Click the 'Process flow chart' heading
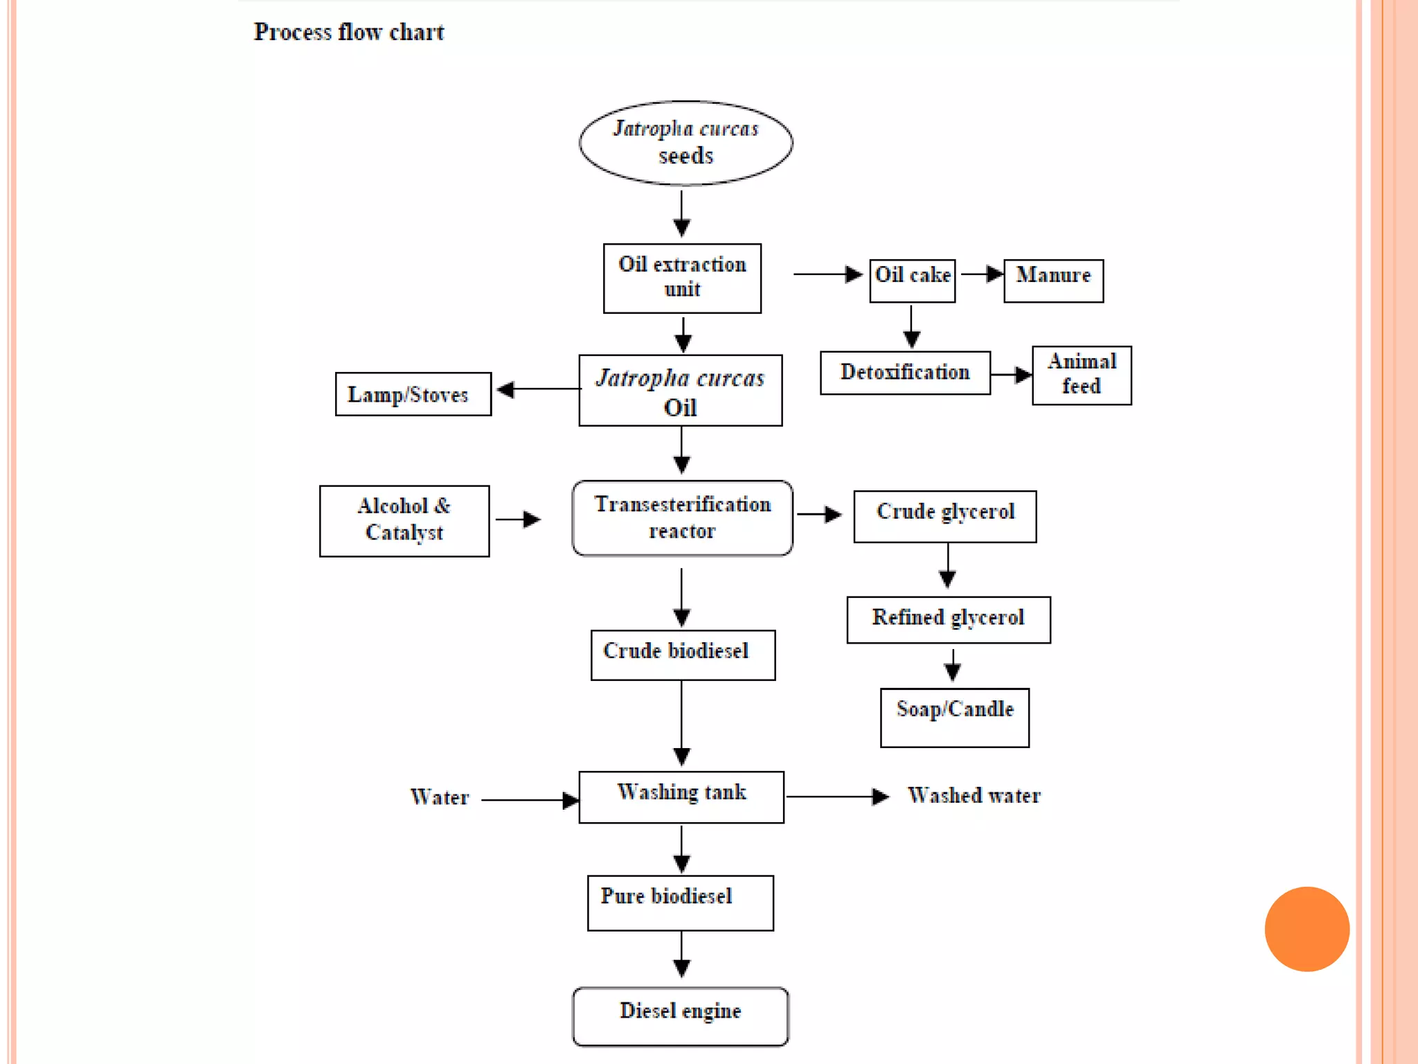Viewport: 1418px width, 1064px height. click(x=348, y=33)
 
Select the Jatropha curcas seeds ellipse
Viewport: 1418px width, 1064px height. click(x=685, y=143)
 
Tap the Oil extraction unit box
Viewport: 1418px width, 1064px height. click(x=682, y=278)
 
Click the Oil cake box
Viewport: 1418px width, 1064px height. click(x=912, y=280)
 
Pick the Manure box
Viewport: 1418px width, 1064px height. click(x=1053, y=280)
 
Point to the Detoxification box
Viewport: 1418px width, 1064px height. click(x=905, y=373)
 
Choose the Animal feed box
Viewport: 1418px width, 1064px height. click(x=1082, y=375)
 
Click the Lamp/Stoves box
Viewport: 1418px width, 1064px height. click(x=413, y=394)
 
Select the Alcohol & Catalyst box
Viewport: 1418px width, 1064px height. click(x=404, y=520)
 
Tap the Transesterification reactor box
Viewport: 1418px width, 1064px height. click(x=682, y=517)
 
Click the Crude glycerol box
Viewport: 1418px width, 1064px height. click(x=945, y=516)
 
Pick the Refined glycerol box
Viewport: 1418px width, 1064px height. click(x=948, y=619)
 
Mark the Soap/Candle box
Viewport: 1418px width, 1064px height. click(x=954, y=717)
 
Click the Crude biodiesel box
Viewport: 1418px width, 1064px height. click(x=683, y=655)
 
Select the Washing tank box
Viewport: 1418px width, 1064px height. click(x=681, y=797)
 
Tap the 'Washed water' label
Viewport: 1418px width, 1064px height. click(x=973, y=796)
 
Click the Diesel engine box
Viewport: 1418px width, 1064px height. click(x=680, y=1016)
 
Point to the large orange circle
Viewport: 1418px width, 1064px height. click(x=1307, y=929)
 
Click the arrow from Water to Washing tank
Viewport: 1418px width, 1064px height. click(x=530, y=800)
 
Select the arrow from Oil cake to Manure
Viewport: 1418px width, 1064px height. click(x=982, y=274)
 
